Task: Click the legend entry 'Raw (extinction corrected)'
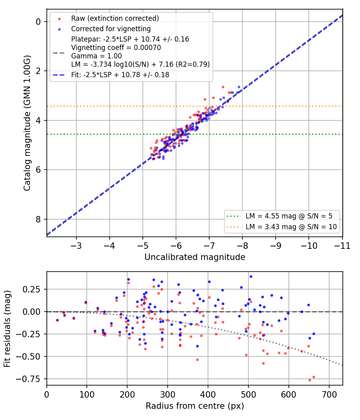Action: tap(115, 18)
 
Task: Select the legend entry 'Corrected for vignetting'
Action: tap(111, 29)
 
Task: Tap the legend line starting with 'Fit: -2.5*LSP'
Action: tap(120, 75)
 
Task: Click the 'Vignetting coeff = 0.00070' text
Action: tap(116, 48)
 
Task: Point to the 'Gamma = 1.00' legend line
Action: tap(96, 56)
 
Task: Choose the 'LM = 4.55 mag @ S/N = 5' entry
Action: tap(289, 216)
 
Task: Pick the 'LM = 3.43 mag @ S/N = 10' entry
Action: tap(291, 227)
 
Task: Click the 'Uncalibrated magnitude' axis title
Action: tap(195, 257)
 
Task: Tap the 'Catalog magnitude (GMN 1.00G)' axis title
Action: tap(27, 123)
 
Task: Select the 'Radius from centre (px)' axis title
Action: tap(195, 406)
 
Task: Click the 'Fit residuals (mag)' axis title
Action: tap(7, 329)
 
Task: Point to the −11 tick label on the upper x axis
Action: tap(342, 246)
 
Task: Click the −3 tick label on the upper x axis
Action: tap(76, 246)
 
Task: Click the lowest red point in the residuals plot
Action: tap(310, 380)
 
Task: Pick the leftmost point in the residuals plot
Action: tap(57, 320)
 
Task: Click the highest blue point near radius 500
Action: tap(251, 277)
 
